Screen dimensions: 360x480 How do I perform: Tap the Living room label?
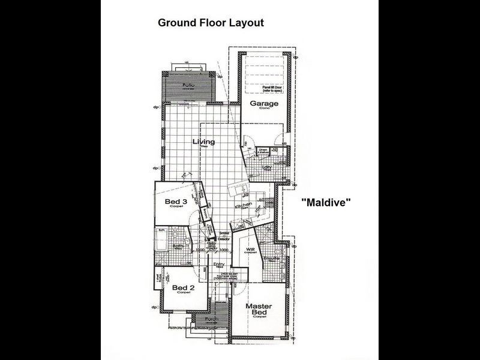tap(203, 142)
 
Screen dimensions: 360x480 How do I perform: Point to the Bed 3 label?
tap(176, 201)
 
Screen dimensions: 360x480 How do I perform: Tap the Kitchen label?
tap(243, 205)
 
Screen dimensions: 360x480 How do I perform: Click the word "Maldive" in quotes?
tap(325, 203)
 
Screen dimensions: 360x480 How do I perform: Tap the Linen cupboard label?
tap(263, 151)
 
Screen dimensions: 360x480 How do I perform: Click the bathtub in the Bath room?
tap(163, 241)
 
